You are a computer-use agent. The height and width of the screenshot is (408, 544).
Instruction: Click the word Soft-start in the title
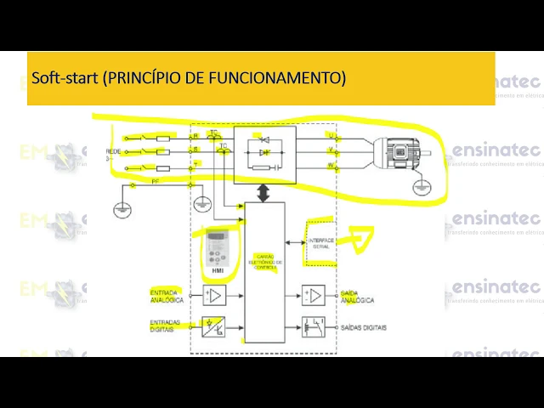65,78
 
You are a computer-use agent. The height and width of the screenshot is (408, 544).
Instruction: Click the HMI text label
217,271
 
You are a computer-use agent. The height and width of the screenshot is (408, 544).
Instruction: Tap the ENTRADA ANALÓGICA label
167,297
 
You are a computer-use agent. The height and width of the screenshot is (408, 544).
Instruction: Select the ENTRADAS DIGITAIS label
167,326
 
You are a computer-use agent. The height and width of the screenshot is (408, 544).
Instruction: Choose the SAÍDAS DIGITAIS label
364,327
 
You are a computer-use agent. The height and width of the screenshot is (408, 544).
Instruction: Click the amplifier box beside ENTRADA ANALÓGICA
215,296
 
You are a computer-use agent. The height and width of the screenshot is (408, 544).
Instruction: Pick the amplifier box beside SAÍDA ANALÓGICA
314,296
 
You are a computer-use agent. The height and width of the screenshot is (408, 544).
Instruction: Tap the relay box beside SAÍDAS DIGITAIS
314,326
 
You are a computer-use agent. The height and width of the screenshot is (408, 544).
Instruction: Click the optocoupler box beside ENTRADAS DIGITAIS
215,326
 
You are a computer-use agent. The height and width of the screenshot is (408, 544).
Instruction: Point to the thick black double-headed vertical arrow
264,193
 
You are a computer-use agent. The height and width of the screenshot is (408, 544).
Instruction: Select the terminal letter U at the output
331,136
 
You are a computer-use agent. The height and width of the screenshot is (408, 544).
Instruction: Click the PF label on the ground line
156,182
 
